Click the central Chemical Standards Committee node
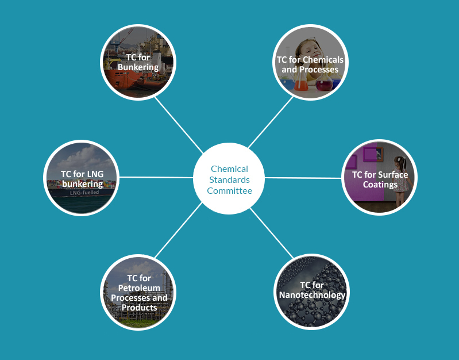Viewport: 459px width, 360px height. tap(229, 178)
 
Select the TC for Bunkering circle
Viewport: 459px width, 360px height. tap(138, 62)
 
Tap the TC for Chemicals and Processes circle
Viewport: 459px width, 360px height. tap(310, 62)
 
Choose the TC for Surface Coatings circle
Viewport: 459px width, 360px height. tap(380, 178)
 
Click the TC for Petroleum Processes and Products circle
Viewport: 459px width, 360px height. tap(138, 292)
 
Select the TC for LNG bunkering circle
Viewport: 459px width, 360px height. tap(82, 178)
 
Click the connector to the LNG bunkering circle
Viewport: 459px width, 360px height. tap(155, 178)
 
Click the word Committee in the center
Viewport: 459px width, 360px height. tap(229, 191)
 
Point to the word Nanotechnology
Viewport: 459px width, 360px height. tap(312, 295)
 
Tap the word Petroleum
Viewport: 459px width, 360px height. tap(139, 288)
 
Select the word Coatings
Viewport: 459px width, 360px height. tap(380, 185)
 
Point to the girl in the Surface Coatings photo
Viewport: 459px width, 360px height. tap(402, 173)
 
